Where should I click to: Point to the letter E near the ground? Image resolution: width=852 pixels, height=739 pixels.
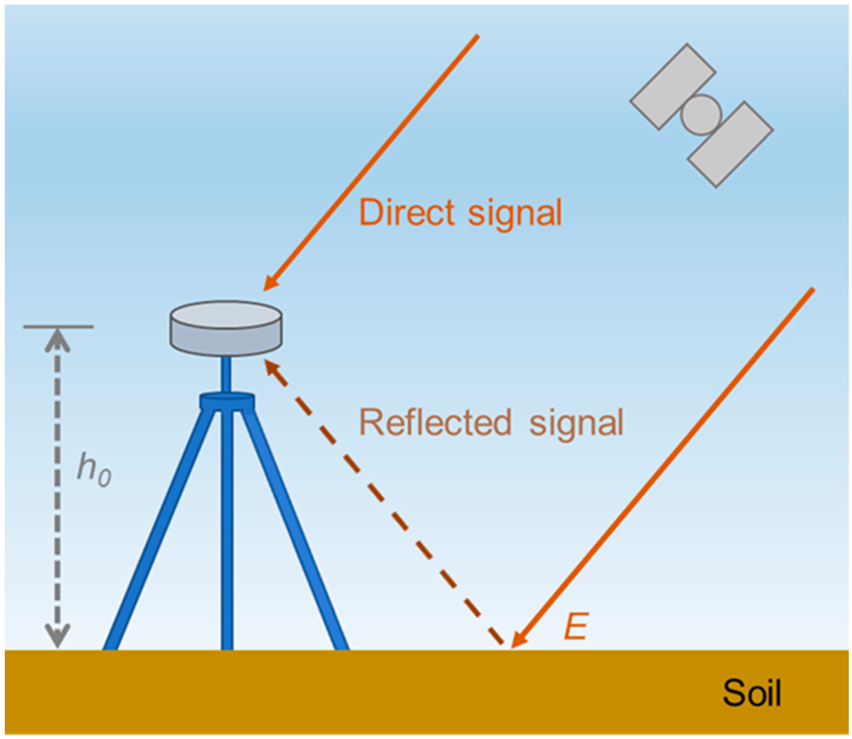point(576,626)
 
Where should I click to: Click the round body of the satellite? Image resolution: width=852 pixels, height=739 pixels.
point(701,115)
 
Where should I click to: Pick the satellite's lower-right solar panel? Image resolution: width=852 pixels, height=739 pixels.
point(730,144)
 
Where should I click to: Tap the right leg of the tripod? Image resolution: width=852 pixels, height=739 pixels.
point(295,532)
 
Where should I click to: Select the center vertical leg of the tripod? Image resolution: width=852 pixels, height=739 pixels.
point(227,536)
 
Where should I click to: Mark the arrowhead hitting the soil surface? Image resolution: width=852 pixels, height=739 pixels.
point(517,642)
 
